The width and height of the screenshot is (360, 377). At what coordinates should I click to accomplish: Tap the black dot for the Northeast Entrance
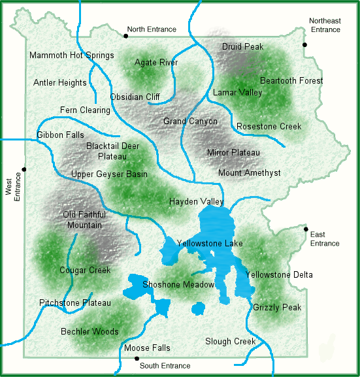(x=305, y=44)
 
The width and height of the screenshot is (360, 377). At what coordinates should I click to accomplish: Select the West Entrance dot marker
(x=24, y=169)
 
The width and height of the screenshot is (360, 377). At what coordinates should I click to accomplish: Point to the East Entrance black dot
(x=306, y=229)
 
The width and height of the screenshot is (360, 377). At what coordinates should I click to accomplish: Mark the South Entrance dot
(x=136, y=359)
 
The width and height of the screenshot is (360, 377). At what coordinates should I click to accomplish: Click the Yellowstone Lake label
(x=210, y=244)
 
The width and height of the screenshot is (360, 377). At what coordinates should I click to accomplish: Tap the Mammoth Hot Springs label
(x=72, y=56)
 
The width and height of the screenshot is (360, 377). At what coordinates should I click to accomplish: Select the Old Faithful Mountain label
(x=84, y=220)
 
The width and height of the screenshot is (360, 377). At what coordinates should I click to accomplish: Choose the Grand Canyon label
(x=190, y=122)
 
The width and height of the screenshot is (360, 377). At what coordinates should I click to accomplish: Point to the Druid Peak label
(x=242, y=47)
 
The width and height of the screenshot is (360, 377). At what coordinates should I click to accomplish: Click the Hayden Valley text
(x=196, y=202)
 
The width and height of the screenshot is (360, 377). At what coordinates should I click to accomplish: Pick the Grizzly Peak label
(x=277, y=307)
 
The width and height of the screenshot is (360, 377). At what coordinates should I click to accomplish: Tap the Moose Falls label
(x=147, y=348)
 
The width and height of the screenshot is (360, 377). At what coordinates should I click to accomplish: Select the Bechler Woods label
(x=90, y=332)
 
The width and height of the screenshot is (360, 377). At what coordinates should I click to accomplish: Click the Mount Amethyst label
(x=249, y=173)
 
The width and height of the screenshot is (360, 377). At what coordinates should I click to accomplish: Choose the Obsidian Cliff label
(x=135, y=97)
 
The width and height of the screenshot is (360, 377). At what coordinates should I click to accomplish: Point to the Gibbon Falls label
(x=56, y=135)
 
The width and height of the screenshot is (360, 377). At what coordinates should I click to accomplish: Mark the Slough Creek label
(x=230, y=341)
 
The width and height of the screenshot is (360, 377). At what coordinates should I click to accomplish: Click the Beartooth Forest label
(x=291, y=81)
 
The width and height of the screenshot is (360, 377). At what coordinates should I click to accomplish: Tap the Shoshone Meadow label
(x=178, y=285)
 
